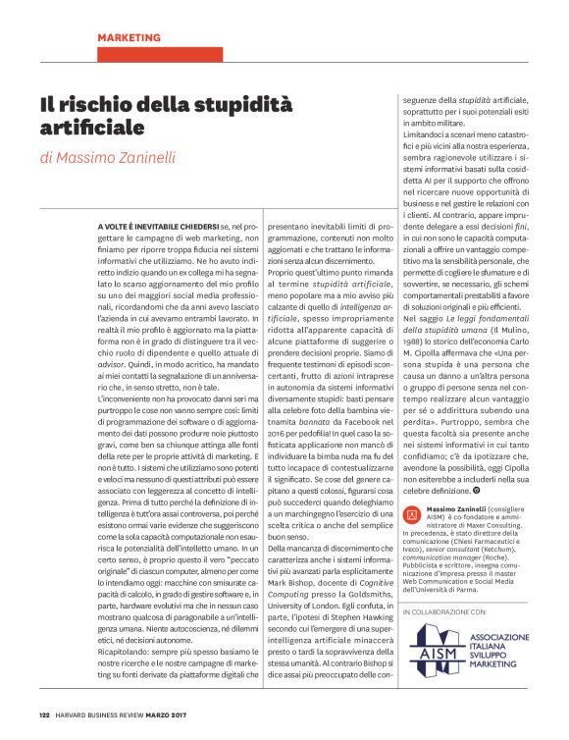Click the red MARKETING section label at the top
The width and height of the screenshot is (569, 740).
129,37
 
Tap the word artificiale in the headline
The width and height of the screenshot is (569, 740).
91,128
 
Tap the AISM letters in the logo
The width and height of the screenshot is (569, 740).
429,655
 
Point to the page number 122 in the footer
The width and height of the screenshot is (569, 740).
44,714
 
